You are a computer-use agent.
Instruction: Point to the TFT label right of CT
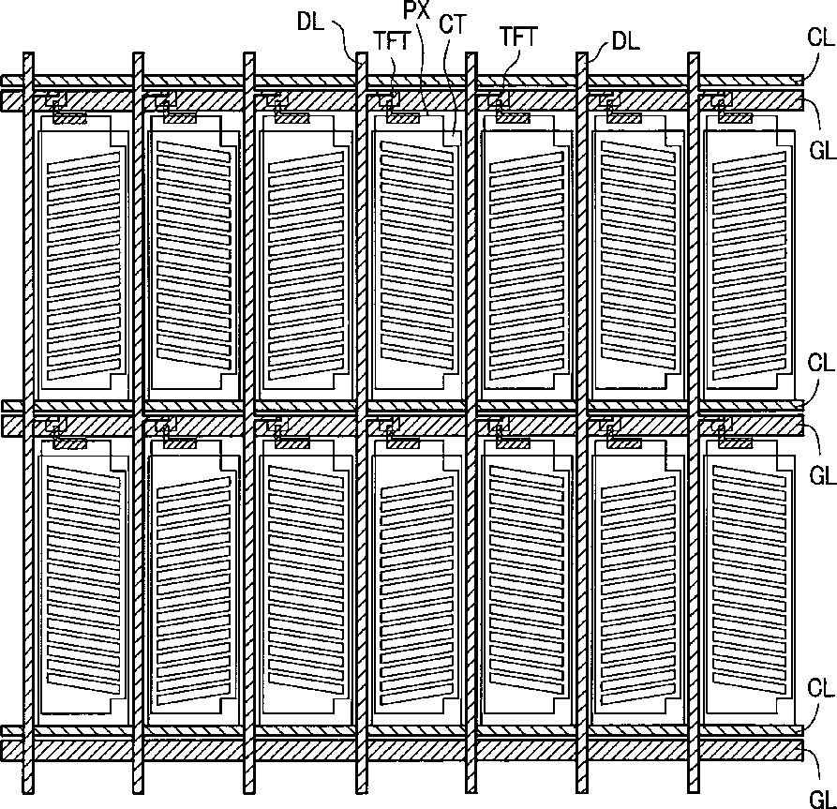[517, 37]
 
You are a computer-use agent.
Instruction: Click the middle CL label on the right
[820, 361]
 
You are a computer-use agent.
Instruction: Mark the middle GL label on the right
[822, 475]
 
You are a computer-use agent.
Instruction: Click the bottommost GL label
[822, 793]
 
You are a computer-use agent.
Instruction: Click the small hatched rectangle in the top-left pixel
[69, 117]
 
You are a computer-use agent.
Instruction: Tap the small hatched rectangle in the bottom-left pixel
[69, 442]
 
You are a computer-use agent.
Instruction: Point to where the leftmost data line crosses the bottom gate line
[28, 751]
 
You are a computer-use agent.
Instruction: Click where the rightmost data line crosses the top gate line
[694, 99]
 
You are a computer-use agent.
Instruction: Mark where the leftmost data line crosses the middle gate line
[28, 425]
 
